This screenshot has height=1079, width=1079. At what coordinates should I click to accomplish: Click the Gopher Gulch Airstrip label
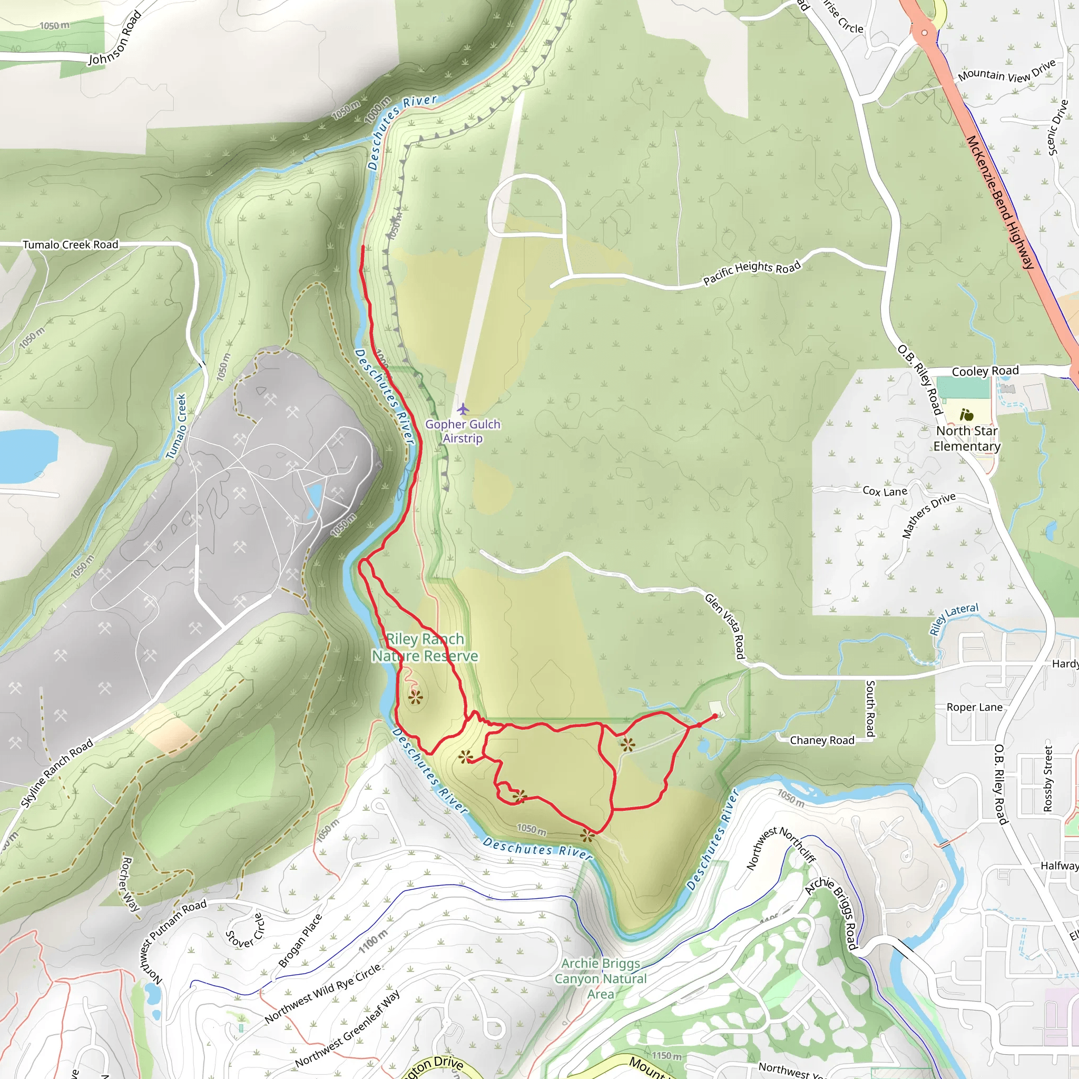tap(463, 431)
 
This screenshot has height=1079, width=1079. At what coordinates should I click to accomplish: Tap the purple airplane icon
tap(463, 409)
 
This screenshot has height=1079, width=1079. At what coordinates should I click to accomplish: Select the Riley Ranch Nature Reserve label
tap(425, 648)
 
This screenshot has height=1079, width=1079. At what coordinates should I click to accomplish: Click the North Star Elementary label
tap(967, 438)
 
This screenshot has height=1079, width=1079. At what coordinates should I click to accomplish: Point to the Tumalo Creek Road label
tap(71, 244)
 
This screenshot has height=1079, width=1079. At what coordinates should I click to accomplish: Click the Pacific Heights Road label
tap(752, 273)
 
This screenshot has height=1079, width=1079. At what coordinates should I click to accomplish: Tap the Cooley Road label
tap(985, 371)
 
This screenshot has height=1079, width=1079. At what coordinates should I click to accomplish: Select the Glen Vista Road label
tap(725, 626)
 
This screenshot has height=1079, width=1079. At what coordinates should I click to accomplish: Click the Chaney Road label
tap(821, 740)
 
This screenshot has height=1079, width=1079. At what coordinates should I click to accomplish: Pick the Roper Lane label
tap(974, 708)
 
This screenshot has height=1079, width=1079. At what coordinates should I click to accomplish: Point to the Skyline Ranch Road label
tap(57, 773)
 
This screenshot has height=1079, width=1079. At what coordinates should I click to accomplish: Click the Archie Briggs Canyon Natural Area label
tap(601, 978)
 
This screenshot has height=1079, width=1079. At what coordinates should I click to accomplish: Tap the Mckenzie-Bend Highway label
tap(1001, 202)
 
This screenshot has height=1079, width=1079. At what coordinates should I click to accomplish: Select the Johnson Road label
tap(115, 38)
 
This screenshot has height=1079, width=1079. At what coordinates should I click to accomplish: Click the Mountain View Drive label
tap(1006, 72)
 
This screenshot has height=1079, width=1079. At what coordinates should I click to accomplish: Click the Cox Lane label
tap(885, 492)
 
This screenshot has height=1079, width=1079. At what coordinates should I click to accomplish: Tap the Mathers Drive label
tap(928, 515)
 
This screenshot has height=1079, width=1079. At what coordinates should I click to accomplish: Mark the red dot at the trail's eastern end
tap(715, 717)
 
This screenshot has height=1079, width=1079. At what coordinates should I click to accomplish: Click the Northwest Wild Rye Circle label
tap(323, 994)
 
